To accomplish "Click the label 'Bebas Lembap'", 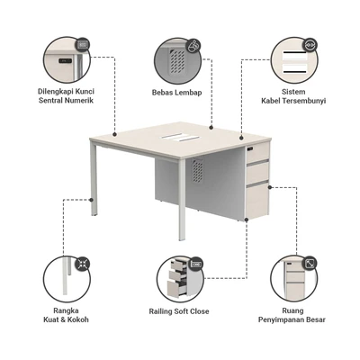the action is tap(176, 93).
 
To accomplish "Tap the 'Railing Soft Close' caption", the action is tap(179, 311).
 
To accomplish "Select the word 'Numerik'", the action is tap(78, 100).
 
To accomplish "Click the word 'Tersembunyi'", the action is tap(304, 101).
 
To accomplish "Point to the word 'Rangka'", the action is tap(66, 310).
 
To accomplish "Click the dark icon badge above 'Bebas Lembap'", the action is tap(193, 46).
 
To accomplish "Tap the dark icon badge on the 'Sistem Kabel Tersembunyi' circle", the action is tap(310, 45).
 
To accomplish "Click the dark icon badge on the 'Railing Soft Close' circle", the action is tap(196, 264).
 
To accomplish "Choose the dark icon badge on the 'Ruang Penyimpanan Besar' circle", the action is tap(310, 264).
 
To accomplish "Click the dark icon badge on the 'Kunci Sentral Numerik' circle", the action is tap(82, 45).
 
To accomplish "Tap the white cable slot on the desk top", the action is tap(180, 138).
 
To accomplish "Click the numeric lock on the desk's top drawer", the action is tap(250, 148).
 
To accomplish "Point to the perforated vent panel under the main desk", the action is tap(197, 170).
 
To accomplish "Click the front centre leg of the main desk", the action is tap(182, 198).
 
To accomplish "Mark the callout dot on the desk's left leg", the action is tap(91, 199).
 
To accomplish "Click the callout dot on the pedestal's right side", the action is tap(270, 187).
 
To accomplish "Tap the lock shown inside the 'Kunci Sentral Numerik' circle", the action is tap(65, 60).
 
